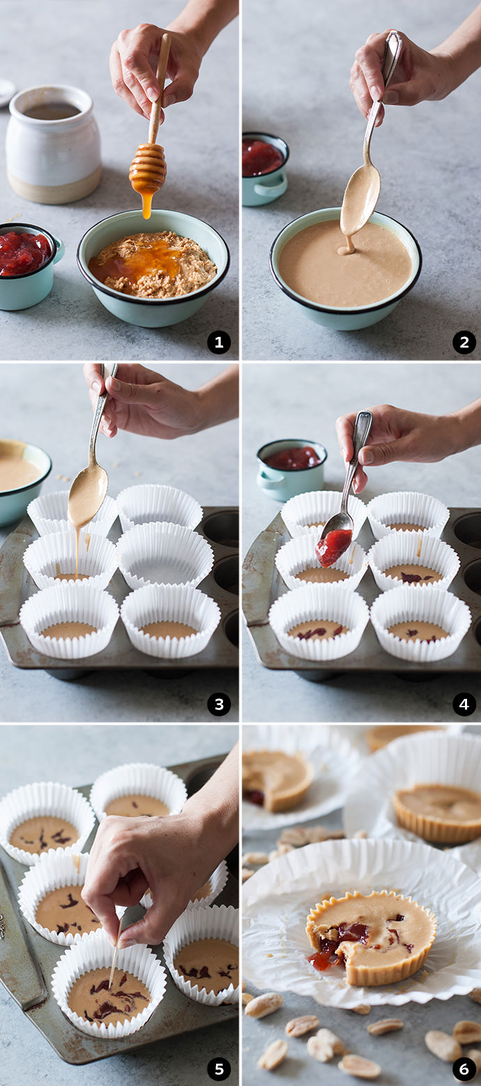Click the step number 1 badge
click(x=218, y=342)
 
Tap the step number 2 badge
click(x=464, y=342)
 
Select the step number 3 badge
click(x=218, y=704)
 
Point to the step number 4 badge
click(x=464, y=704)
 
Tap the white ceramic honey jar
click(x=53, y=144)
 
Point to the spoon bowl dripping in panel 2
click(x=360, y=199)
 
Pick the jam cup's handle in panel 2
click(x=271, y=186)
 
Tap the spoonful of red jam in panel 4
click(x=334, y=548)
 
